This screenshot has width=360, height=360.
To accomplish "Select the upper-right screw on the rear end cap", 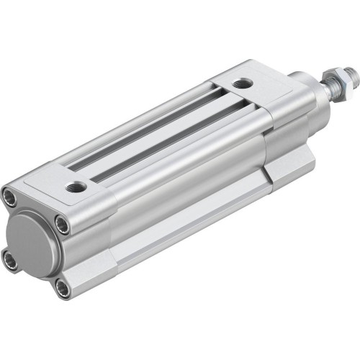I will [63, 225].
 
